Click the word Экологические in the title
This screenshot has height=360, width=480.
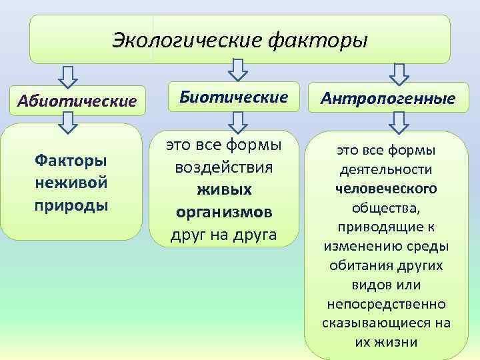pos(187,41)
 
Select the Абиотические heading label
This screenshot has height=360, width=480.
pos(77,101)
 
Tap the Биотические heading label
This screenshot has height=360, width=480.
pos(233,97)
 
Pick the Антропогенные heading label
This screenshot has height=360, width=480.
pos(388,98)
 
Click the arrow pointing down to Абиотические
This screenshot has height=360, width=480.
pos(67,77)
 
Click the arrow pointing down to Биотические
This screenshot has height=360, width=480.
pos(238,70)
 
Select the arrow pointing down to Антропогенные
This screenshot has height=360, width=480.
pos(399,75)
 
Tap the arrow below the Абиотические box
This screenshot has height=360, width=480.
pos(67,123)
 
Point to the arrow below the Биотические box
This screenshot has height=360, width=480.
pos(238,123)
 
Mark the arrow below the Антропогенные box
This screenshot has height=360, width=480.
pos(399,123)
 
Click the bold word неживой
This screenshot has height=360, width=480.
pos(71,183)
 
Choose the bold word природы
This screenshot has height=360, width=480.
pos(71,206)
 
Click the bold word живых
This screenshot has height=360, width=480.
pos(224,189)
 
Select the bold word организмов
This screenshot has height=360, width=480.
pos(224,213)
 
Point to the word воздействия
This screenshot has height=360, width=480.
pos(224,168)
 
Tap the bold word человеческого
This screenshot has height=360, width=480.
pos(386,189)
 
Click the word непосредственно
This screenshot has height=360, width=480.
pos(386,304)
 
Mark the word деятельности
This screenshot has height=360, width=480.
pos(386,169)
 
